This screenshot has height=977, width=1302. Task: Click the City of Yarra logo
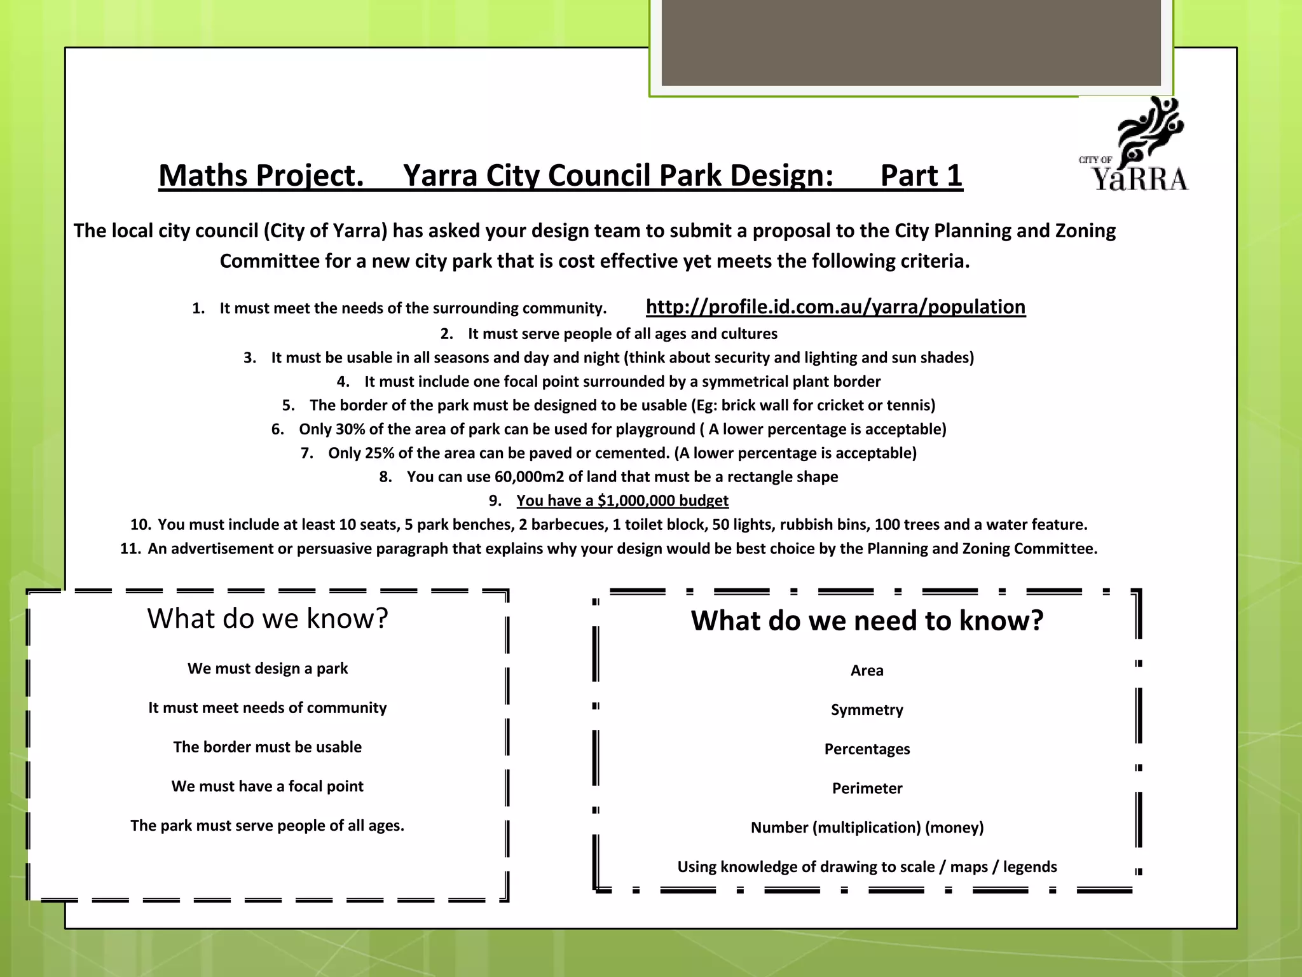1134,145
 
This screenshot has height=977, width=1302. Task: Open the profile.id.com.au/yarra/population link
835,307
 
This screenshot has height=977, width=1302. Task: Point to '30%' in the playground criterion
350,429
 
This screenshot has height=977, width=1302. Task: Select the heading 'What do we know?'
268,618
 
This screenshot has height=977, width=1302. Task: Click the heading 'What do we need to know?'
867,621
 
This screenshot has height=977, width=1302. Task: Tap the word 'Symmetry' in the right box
867,710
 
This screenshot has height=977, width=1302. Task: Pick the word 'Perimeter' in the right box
867,789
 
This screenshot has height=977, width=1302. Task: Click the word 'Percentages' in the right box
867,749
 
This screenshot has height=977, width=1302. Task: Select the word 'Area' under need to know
867,670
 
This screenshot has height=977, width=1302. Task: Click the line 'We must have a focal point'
268,787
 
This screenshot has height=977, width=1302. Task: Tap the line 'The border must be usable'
268,747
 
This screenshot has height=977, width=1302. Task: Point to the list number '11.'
130,549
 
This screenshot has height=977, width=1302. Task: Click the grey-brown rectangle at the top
910,42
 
